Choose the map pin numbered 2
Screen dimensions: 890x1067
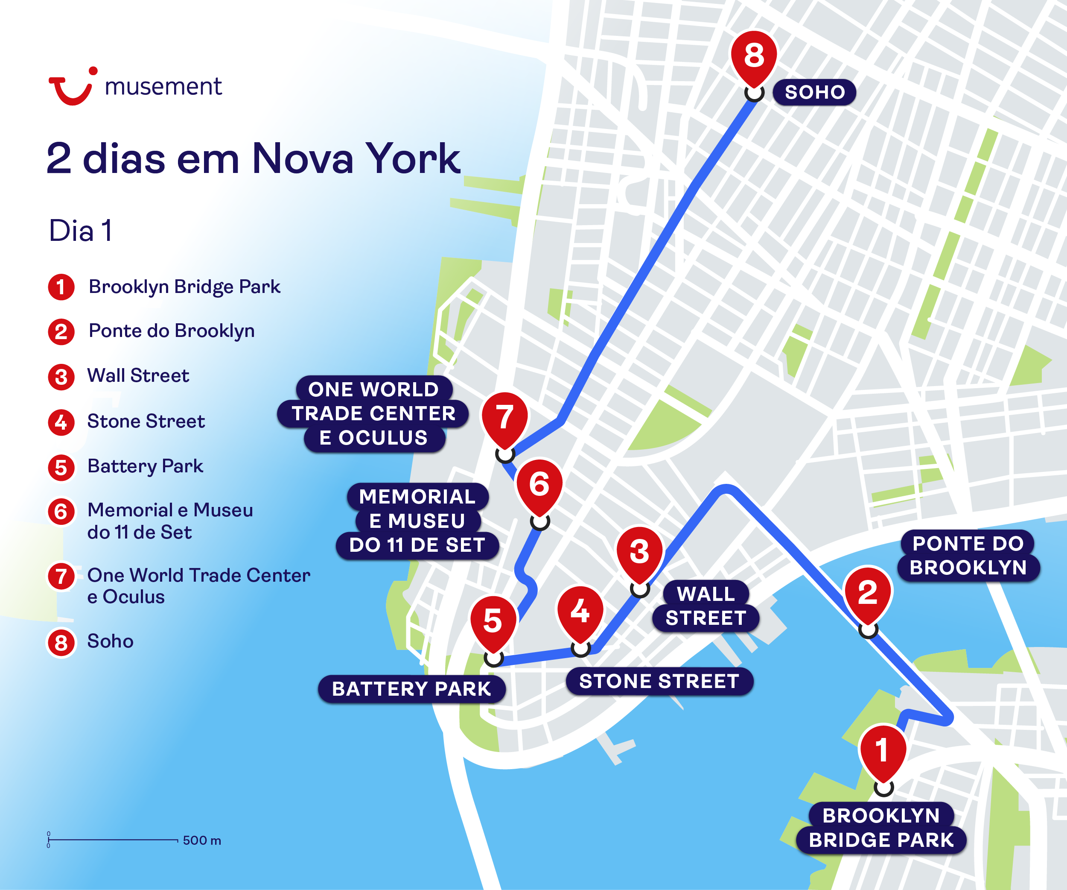tap(868, 593)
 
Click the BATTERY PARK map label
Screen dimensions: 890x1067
tap(411, 689)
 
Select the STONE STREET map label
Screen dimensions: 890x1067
tap(659, 681)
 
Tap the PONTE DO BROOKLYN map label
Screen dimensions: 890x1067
tap(968, 556)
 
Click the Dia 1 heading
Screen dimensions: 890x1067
tap(80, 231)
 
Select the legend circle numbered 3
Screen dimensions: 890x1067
tap(61, 377)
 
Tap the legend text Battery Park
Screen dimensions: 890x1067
tap(145, 466)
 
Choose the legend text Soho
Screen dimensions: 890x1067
tap(110, 641)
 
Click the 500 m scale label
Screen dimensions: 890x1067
tap(202, 841)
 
